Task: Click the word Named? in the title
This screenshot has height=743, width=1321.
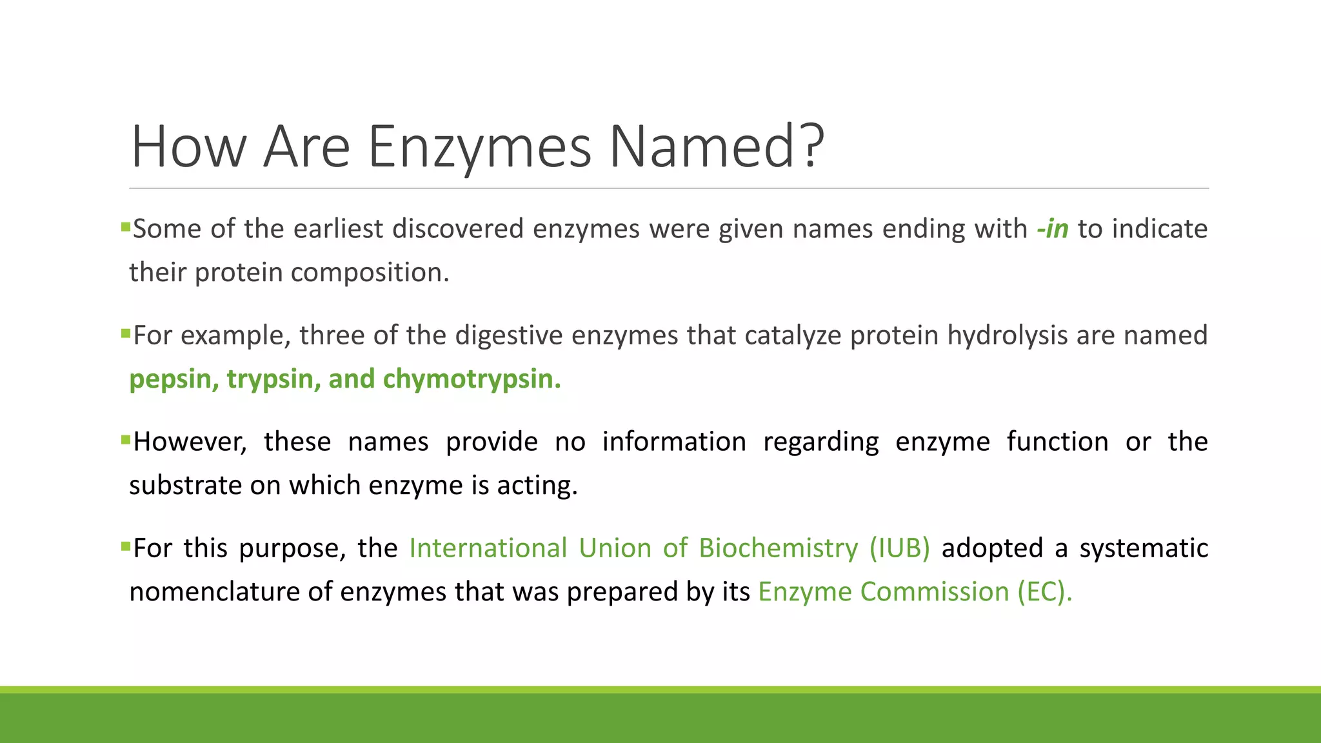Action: point(717,146)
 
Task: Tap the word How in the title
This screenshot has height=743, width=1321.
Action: point(188,146)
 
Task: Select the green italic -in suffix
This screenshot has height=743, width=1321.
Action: point(1053,229)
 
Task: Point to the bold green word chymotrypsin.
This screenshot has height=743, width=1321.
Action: point(472,379)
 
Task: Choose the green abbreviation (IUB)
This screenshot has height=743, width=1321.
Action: point(899,548)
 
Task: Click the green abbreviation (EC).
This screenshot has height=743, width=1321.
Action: point(1044,592)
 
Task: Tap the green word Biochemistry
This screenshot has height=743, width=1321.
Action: point(779,548)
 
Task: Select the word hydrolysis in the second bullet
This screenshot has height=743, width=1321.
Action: point(1007,335)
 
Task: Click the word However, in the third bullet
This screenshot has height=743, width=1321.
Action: point(190,442)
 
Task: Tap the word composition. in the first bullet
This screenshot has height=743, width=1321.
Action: point(370,273)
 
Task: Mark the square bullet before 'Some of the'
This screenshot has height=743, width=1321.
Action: point(126,227)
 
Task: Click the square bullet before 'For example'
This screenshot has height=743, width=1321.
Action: point(126,333)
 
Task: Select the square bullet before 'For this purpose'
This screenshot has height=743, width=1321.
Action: point(126,546)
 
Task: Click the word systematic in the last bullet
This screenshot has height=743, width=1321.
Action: point(1144,548)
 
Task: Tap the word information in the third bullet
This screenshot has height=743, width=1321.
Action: point(674,442)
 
